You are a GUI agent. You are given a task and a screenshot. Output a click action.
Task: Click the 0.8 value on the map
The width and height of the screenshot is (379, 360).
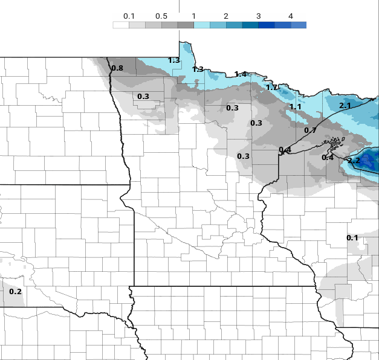(117, 68)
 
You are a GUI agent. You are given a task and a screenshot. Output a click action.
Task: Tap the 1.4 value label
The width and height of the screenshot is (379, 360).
(241, 74)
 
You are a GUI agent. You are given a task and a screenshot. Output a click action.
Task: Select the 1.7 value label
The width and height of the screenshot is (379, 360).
(272, 88)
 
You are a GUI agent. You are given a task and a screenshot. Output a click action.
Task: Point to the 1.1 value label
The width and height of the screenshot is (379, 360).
(296, 107)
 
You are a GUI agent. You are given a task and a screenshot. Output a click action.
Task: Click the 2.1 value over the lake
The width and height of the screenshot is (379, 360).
(345, 106)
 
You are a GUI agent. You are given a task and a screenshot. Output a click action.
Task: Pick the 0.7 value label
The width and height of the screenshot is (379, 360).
(310, 130)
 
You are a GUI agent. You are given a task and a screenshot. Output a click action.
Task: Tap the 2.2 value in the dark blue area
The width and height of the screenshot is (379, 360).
(354, 161)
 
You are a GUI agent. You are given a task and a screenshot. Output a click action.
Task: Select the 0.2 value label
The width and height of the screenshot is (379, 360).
(16, 292)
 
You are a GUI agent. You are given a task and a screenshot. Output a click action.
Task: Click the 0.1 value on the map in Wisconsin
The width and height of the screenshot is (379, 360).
(352, 238)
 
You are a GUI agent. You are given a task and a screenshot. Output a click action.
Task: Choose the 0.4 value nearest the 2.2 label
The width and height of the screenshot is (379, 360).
(328, 158)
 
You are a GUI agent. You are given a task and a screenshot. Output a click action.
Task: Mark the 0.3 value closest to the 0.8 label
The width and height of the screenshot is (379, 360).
(143, 97)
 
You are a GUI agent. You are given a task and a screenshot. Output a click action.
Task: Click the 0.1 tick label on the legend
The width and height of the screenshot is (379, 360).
(129, 16)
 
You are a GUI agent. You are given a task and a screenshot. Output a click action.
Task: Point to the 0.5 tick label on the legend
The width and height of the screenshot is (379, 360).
(161, 16)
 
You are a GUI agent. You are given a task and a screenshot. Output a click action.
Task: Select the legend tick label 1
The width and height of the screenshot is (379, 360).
(193, 16)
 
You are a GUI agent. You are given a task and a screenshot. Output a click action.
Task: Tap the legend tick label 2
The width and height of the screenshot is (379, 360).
(225, 16)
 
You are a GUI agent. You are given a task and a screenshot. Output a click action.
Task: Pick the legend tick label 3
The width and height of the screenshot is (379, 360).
(258, 16)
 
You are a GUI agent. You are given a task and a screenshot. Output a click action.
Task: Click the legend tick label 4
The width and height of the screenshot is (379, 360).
(290, 16)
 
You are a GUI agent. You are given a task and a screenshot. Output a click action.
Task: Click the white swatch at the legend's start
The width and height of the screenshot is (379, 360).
(121, 25)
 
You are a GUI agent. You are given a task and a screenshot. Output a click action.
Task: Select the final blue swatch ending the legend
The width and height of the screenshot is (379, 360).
(299, 25)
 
